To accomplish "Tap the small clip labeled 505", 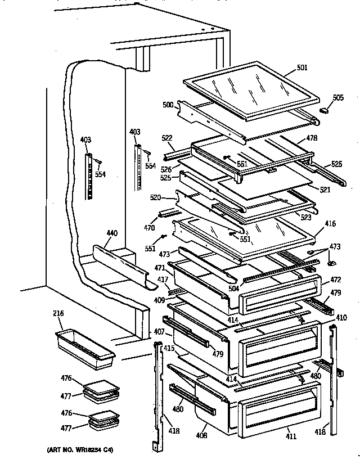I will [x=324, y=111].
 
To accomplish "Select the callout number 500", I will [x=168, y=105].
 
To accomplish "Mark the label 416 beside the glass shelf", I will [x=330, y=224].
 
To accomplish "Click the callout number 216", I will [x=58, y=313].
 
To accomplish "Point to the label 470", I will [x=148, y=228].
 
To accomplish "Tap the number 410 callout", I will [x=341, y=317].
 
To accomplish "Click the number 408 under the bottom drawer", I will [x=202, y=435].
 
